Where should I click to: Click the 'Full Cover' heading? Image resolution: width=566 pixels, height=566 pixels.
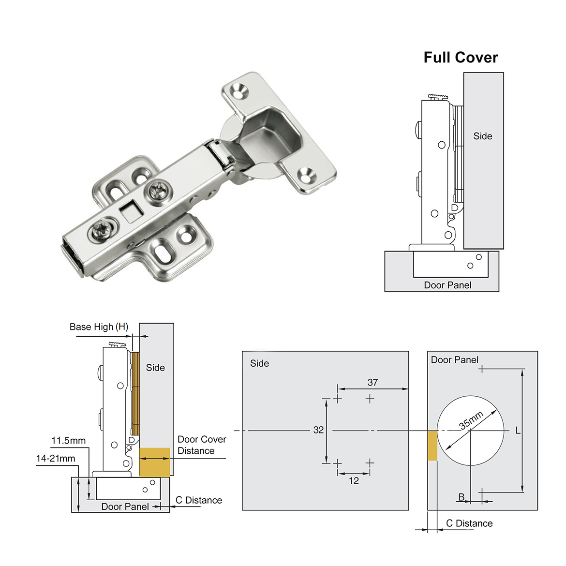[x=461, y=58]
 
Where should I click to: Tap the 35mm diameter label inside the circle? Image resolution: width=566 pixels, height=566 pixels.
[x=471, y=420]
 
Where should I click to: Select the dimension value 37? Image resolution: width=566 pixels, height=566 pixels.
[x=372, y=382]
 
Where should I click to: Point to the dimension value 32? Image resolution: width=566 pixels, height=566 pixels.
[x=318, y=430]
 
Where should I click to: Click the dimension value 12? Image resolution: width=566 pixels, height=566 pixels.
[x=354, y=481]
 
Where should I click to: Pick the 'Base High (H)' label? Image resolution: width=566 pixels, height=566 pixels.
[x=99, y=327]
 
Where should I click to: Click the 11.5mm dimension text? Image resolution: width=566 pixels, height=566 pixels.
[x=69, y=441]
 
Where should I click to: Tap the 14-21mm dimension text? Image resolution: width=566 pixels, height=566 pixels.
[x=56, y=458]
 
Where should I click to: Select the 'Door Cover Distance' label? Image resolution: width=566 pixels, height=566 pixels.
[x=201, y=445]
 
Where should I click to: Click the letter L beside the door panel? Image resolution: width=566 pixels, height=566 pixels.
[x=518, y=431]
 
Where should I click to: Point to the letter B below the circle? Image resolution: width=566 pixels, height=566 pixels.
[x=462, y=497]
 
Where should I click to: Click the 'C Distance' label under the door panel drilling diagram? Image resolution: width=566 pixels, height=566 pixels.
[x=469, y=523]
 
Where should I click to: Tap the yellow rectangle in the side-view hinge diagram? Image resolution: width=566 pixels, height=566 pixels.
[x=155, y=462]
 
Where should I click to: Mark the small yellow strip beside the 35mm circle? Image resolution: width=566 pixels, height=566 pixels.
[x=432, y=446]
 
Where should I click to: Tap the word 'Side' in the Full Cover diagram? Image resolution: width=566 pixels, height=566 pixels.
[x=482, y=136]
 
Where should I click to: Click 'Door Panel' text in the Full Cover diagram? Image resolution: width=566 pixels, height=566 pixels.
[x=447, y=285]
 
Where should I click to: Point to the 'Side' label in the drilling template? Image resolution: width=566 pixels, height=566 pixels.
[x=259, y=363]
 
